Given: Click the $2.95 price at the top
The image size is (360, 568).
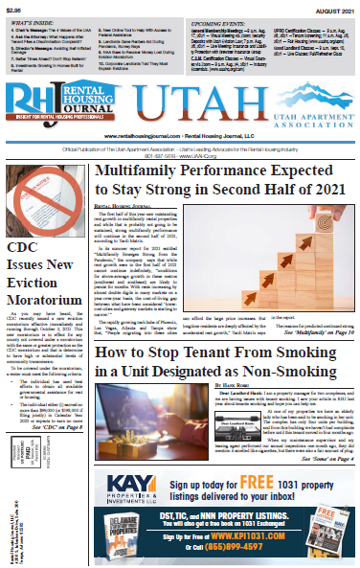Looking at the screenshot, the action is click(x=14, y=8).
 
